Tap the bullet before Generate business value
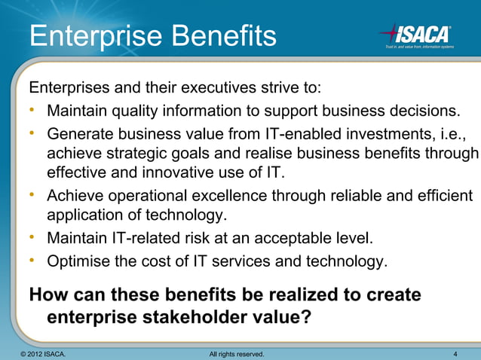tap(34, 133)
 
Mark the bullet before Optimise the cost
tap(34, 261)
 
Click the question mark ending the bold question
tap(305, 317)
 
